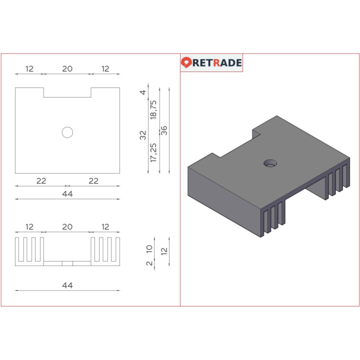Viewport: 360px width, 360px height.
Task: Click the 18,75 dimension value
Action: (x=153, y=109)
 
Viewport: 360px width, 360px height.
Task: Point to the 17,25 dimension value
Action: (x=153, y=152)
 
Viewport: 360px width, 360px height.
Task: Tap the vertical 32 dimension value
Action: (x=143, y=135)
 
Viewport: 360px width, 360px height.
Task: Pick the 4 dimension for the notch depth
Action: (x=143, y=92)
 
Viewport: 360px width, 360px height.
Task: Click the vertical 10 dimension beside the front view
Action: (x=149, y=249)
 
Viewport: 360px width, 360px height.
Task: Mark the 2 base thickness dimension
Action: (x=149, y=263)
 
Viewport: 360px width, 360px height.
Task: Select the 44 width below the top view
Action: (x=67, y=193)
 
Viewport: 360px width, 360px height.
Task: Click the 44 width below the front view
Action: (x=67, y=285)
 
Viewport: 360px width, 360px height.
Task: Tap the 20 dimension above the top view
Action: (x=67, y=68)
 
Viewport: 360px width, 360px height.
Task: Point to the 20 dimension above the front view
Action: (x=67, y=226)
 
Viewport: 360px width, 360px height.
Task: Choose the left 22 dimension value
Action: (x=41, y=180)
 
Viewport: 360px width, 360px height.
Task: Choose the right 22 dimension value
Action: (x=93, y=180)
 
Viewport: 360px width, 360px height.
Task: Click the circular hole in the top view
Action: (x=67, y=132)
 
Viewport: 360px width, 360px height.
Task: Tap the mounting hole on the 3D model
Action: (x=270, y=163)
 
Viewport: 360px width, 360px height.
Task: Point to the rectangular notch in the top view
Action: (x=67, y=92)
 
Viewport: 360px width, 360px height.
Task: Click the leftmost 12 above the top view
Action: (x=29, y=68)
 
